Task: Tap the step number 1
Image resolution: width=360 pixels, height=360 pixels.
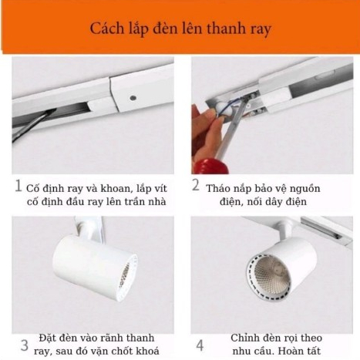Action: point(19,186)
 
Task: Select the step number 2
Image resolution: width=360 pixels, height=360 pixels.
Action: point(196,185)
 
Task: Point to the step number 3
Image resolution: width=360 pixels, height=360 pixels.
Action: point(25,345)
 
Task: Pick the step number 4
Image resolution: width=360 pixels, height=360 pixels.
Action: point(200,345)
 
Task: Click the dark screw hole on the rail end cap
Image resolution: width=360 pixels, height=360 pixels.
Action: point(133,98)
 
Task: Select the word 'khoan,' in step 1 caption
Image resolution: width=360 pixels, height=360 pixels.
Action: point(115,189)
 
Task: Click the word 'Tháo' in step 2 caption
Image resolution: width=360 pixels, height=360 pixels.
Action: point(219,188)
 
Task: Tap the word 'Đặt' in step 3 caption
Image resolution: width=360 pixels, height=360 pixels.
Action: point(48,338)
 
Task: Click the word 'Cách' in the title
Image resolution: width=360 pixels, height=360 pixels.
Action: point(106,29)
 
